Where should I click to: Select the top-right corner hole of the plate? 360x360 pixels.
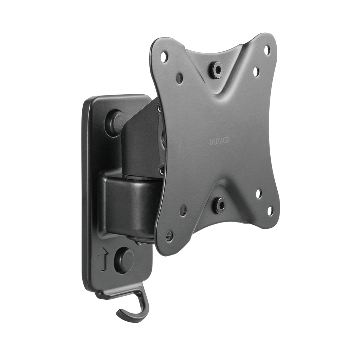pos(267,50)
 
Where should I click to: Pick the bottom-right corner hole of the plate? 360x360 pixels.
pos(270,211)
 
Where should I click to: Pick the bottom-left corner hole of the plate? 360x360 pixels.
pos(169,237)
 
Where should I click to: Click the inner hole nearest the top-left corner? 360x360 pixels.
pos(180,78)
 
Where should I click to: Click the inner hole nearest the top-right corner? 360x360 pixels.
pos(256,71)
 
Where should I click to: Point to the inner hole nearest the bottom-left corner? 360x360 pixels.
pos(183,211)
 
